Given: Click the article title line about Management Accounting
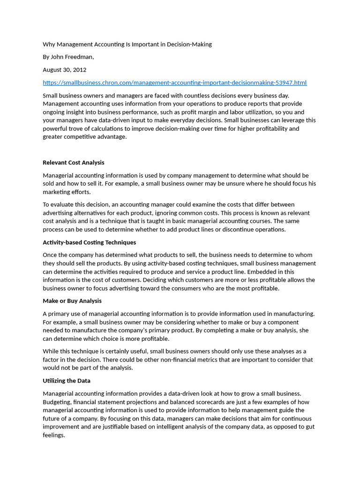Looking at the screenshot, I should (x=127, y=44).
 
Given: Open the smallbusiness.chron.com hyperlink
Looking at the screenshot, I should (x=174, y=82).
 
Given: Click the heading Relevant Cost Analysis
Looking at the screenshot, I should (x=73, y=162).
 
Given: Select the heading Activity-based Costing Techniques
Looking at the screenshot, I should (x=89, y=242).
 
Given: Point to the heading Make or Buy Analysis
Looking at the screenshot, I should (x=72, y=300).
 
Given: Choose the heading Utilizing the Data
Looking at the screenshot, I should (x=66, y=381).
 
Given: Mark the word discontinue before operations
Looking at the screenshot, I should (x=240, y=229).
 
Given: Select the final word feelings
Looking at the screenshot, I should (x=53, y=435).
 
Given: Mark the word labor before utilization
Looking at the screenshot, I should (x=219, y=112).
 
